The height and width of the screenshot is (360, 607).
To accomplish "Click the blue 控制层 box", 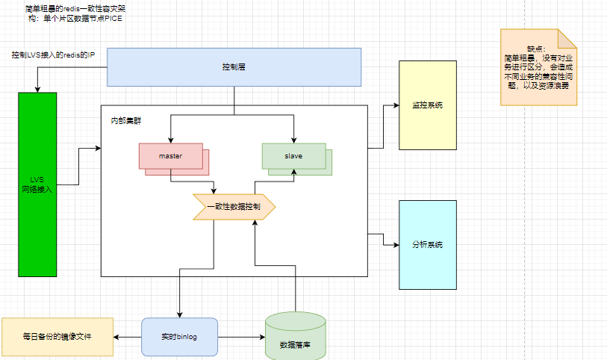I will (234, 66).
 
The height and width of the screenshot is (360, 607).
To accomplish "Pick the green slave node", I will (293, 155).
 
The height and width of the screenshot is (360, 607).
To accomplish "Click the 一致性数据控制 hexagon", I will (234, 207).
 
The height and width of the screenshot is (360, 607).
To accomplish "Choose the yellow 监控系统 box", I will (428, 105).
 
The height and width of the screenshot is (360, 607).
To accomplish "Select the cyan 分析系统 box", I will (428, 244).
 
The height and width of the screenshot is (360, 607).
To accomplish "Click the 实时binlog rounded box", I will (179, 337).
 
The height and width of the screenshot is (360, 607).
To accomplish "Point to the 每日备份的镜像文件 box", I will (57, 337).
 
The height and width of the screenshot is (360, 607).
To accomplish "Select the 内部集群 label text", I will (125, 120).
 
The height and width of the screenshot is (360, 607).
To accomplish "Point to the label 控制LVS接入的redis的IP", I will (53, 55).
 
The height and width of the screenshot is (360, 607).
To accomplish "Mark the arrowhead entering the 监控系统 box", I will (396, 105).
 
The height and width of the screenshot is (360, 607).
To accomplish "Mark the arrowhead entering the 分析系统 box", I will (396, 244).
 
